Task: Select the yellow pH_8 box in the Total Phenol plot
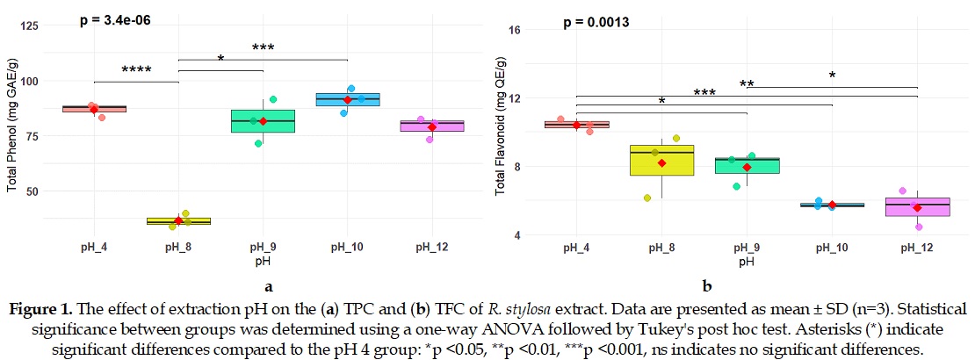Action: pos(178,221)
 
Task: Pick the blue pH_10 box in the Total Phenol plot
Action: pos(348,99)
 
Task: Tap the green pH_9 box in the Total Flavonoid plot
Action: pos(747,165)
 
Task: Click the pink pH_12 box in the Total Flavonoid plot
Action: pos(917,206)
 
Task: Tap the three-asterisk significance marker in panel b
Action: pos(704,93)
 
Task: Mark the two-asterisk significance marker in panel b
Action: pos(747,85)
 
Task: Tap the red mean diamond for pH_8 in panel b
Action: pos(662,163)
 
